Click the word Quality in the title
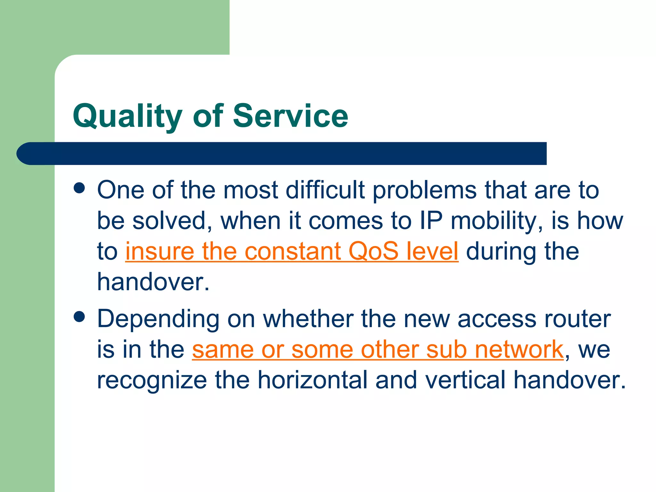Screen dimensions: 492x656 127,116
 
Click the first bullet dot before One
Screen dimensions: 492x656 79,188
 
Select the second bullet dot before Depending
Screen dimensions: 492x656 79,317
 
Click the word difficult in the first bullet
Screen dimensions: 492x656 325,190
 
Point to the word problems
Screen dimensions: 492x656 425,190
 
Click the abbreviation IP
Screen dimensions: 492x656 431,221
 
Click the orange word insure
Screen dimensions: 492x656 160,251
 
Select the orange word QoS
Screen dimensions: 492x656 373,251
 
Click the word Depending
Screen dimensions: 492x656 158,319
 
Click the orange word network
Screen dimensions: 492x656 519,349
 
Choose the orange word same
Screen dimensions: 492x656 223,349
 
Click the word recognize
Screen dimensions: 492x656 152,380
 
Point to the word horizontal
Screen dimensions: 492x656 312,380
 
